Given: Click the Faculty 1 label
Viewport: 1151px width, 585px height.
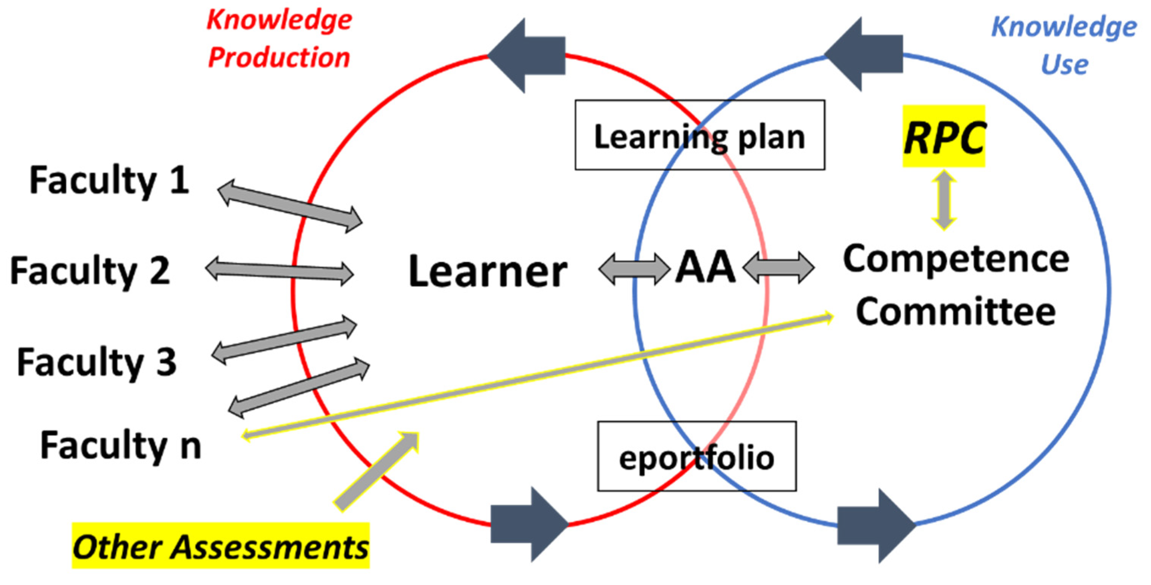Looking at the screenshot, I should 109,181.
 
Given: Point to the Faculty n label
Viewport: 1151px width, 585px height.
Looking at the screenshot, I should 121,446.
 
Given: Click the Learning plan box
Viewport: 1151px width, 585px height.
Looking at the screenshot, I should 699,135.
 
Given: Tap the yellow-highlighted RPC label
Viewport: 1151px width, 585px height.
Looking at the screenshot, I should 943,136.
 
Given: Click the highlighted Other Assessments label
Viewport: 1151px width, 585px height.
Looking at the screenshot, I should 220,546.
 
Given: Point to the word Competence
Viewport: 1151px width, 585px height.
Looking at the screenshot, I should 956,259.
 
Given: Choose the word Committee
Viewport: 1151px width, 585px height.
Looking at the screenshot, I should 956,312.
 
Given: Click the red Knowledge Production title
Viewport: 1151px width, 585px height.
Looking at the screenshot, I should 279,40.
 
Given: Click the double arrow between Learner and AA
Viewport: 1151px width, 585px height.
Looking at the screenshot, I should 634,269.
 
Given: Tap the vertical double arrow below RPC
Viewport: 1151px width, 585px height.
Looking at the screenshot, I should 943,200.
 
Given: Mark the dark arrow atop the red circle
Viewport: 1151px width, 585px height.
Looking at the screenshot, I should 527,56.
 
